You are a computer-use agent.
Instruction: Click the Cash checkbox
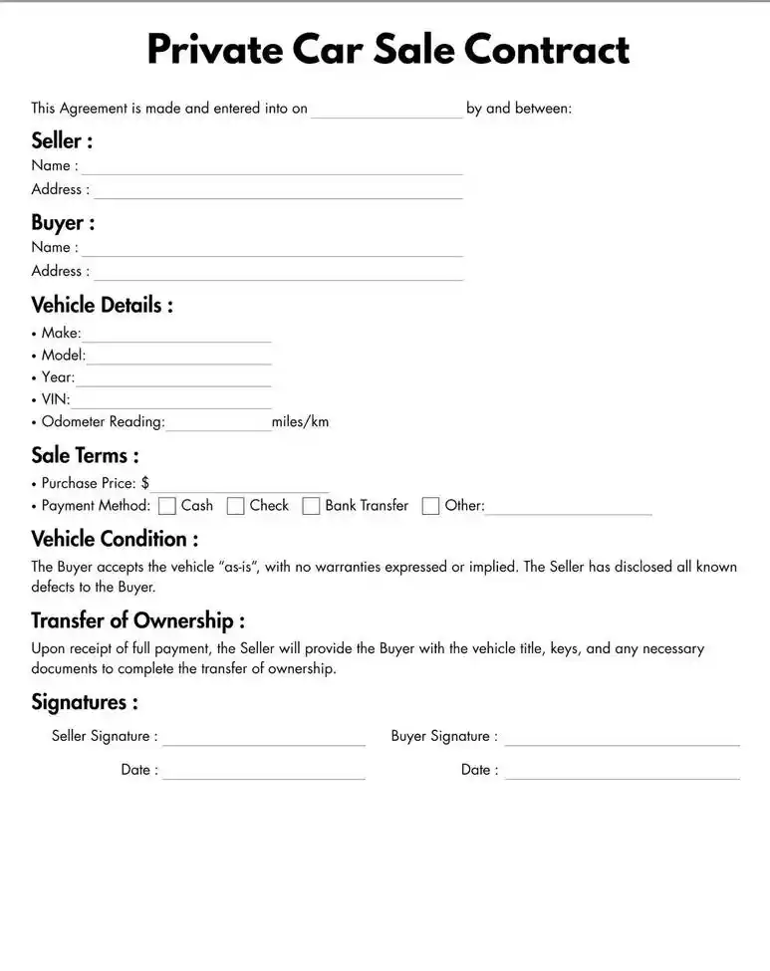coord(167,506)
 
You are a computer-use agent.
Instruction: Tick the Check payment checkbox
coord(236,506)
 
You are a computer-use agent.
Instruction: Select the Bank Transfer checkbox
coord(311,506)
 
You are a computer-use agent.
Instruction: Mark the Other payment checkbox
coord(430,506)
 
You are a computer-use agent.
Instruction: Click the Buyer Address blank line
coord(278,273)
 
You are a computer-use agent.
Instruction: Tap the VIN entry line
coord(170,401)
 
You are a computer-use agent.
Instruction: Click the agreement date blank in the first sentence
coord(386,111)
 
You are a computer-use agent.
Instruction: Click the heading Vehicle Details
coord(102,305)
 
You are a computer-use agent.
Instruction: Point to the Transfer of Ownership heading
coord(137,621)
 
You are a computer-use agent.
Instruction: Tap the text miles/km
coord(300,422)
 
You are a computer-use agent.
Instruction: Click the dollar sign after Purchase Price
coord(145,483)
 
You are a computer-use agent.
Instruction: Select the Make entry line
coord(176,335)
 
